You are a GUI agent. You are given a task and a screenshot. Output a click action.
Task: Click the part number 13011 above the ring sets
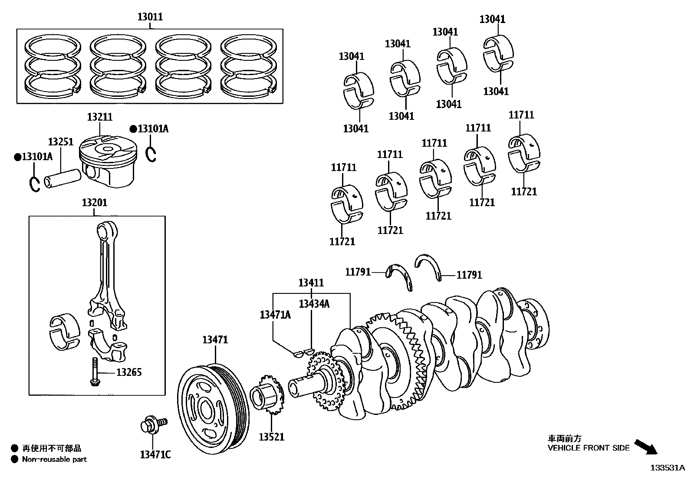click(x=150, y=17)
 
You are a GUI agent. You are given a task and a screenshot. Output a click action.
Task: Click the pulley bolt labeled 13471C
click(x=152, y=425)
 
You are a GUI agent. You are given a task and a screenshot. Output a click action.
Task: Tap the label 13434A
click(x=314, y=304)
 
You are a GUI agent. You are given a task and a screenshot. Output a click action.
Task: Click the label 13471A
click(x=275, y=315)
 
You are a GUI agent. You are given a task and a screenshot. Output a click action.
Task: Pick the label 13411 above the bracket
click(x=311, y=283)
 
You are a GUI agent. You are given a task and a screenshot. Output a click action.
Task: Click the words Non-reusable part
click(x=54, y=459)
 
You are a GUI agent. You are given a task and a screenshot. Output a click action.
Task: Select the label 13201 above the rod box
click(x=94, y=203)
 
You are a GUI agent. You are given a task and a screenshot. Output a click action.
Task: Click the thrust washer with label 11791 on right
click(x=428, y=266)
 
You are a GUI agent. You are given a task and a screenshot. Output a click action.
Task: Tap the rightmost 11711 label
click(x=521, y=115)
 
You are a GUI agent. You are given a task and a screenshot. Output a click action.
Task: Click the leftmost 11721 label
click(x=342, y=241)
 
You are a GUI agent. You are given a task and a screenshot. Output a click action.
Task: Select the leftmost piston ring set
click(x=53, y=65)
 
